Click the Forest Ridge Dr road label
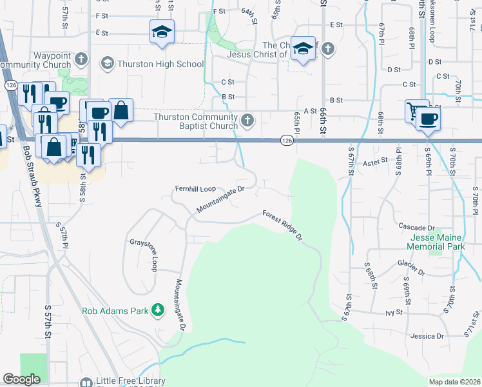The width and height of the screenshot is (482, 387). (282, 225)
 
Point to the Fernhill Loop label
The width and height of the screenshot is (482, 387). (195, 189)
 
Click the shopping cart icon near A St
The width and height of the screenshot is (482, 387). (415, 110)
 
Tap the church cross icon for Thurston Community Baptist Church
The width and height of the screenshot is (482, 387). (247, 120)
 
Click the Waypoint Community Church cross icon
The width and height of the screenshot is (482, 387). (81, 59)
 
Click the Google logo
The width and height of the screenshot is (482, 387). (21, 379)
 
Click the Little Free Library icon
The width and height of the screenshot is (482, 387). (86, 381)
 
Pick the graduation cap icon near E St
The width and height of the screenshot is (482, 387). (161, 32)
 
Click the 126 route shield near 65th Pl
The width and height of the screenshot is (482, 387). (287, 140)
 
